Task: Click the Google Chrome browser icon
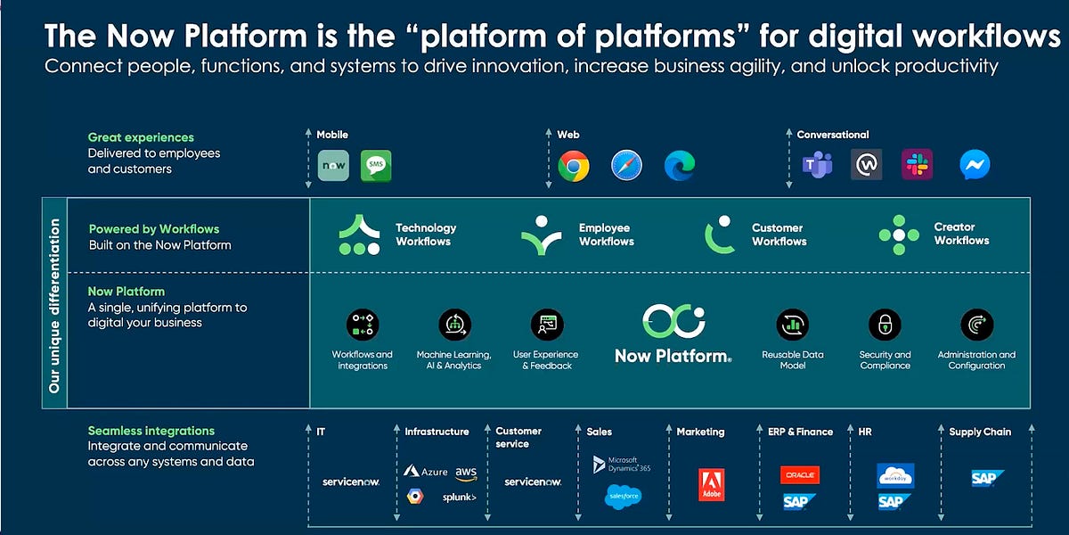tap(574, 166)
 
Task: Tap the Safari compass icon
tap(626, 166)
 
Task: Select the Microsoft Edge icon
tap(679, 166)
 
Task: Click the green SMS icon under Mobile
tap(376, 166)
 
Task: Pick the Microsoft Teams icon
tap(817, 165)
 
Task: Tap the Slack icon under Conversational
tap(917, 165)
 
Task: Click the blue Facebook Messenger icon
tap(975, 165)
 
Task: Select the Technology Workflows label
tap(425, 235)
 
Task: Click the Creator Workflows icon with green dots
tap(899, 235)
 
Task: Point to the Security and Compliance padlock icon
tap(885, 325)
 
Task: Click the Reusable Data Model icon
tap(792, 325)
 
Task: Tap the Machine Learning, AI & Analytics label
tap(454, 360)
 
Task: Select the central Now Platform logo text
tap(673, 356)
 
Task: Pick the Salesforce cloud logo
tap(624, 497)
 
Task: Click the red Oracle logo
tap(799, 475)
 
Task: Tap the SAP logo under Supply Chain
tap(987, 479)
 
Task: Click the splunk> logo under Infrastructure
tap(460, 498)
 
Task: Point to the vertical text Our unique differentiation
tap(54, 306)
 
